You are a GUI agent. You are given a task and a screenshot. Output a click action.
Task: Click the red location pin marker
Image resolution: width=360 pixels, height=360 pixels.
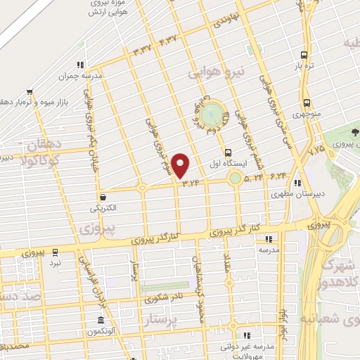181,165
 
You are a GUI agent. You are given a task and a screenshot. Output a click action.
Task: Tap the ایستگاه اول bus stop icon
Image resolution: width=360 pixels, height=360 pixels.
227,153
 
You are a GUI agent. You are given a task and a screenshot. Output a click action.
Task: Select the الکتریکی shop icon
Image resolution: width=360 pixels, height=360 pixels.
104,197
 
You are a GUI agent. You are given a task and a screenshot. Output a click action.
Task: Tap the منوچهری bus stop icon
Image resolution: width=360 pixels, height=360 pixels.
306,102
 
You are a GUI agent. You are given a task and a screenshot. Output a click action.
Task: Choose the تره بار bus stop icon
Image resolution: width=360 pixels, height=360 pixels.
304,56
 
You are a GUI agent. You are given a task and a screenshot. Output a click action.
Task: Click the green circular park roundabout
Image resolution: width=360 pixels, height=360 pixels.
211,114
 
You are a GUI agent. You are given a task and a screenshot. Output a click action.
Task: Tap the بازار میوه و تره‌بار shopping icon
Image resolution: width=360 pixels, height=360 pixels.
30,91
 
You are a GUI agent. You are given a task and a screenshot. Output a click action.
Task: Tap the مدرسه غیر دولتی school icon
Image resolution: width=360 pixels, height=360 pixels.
246,335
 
